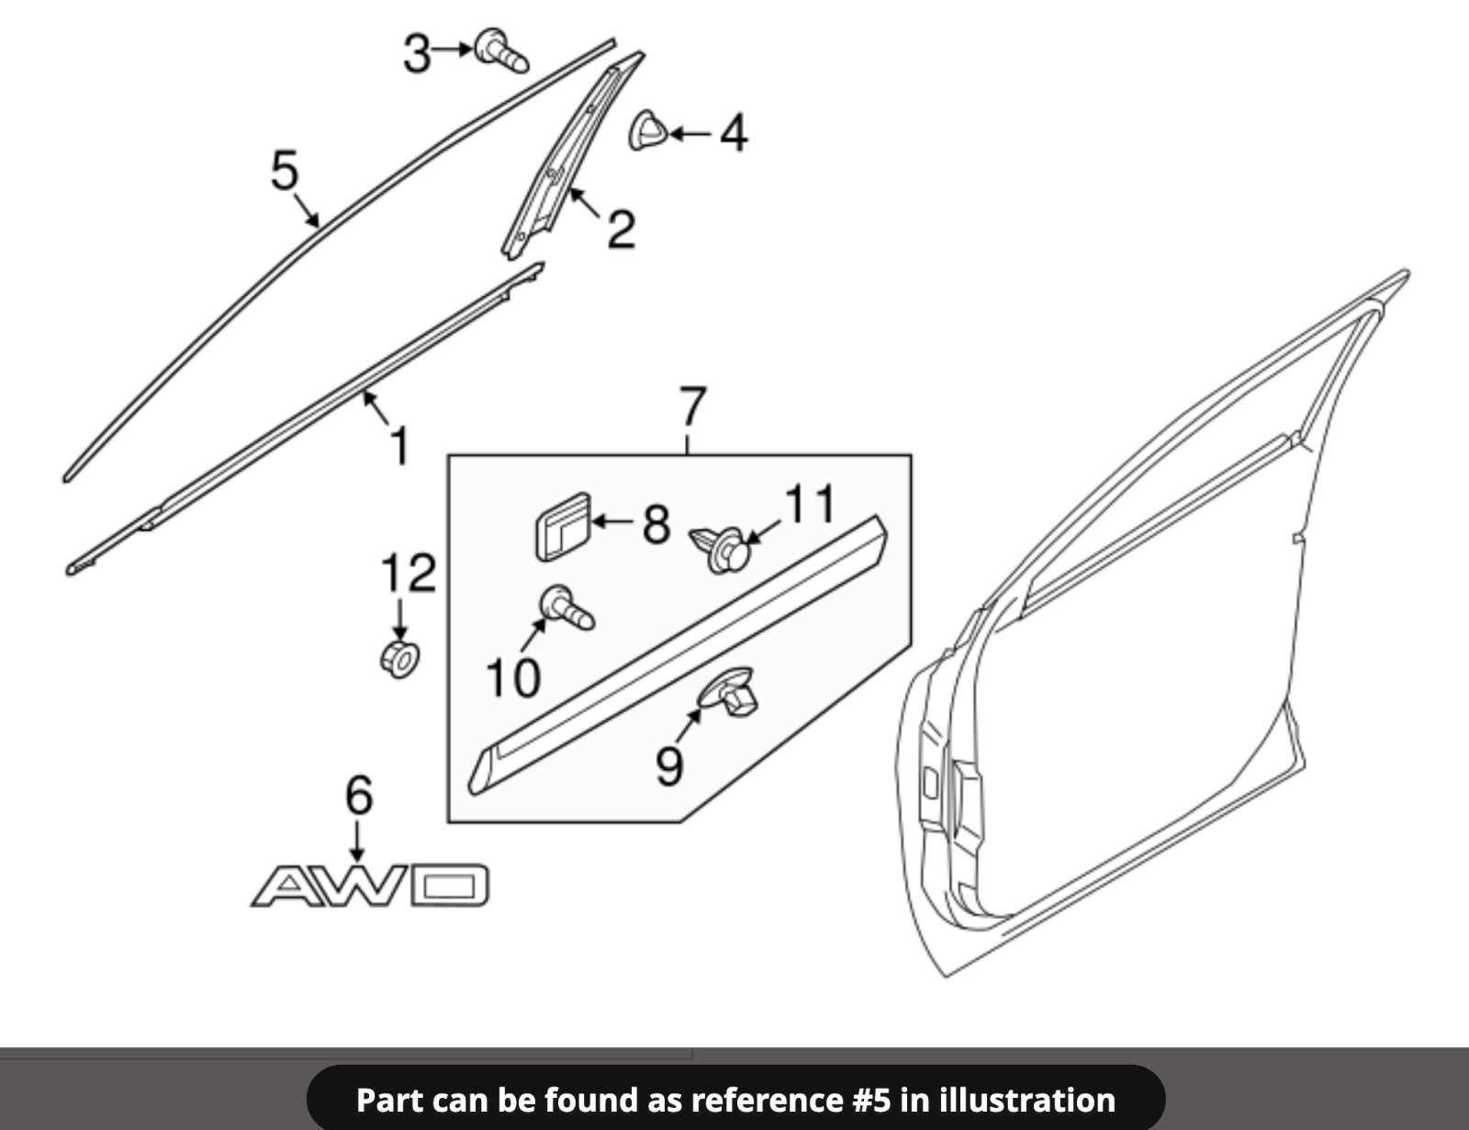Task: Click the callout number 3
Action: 417,53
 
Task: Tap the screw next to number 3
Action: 501,50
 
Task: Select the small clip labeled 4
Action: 648,130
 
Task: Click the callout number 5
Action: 285,172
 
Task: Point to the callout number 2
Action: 621,229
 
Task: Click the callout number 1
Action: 399,445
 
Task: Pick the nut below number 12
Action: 399,659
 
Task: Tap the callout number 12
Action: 409,574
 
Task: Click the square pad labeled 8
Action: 562,528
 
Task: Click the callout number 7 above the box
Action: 692,408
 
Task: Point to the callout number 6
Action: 358,795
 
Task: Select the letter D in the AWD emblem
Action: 451,886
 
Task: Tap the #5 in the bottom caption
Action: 869,1100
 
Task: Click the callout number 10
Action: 512,678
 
